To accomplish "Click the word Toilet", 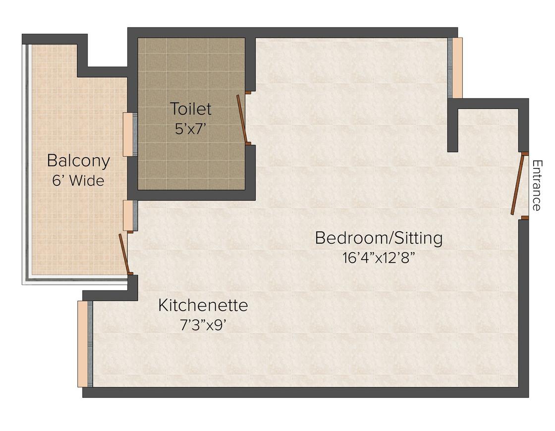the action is pos(190,108).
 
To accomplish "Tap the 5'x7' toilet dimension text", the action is pos(190,129).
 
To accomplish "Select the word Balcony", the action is pos(78,162).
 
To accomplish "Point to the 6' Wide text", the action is pos(78,181).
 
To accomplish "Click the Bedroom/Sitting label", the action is pos(379,238).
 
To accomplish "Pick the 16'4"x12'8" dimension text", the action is pos(378,258).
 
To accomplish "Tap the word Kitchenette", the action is pos(203,305).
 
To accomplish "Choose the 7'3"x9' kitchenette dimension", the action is pos(203,325).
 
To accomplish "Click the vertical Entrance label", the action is pos(537,185).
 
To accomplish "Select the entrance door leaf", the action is pos(517,184).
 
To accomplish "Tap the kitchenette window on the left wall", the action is pos(85,344).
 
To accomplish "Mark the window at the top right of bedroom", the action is pos(455,68).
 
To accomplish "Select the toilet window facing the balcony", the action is pos(130,134).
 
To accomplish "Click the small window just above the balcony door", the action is pos(130,215).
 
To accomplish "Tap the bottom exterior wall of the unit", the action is pos(305,392).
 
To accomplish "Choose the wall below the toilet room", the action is pos(191,195).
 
